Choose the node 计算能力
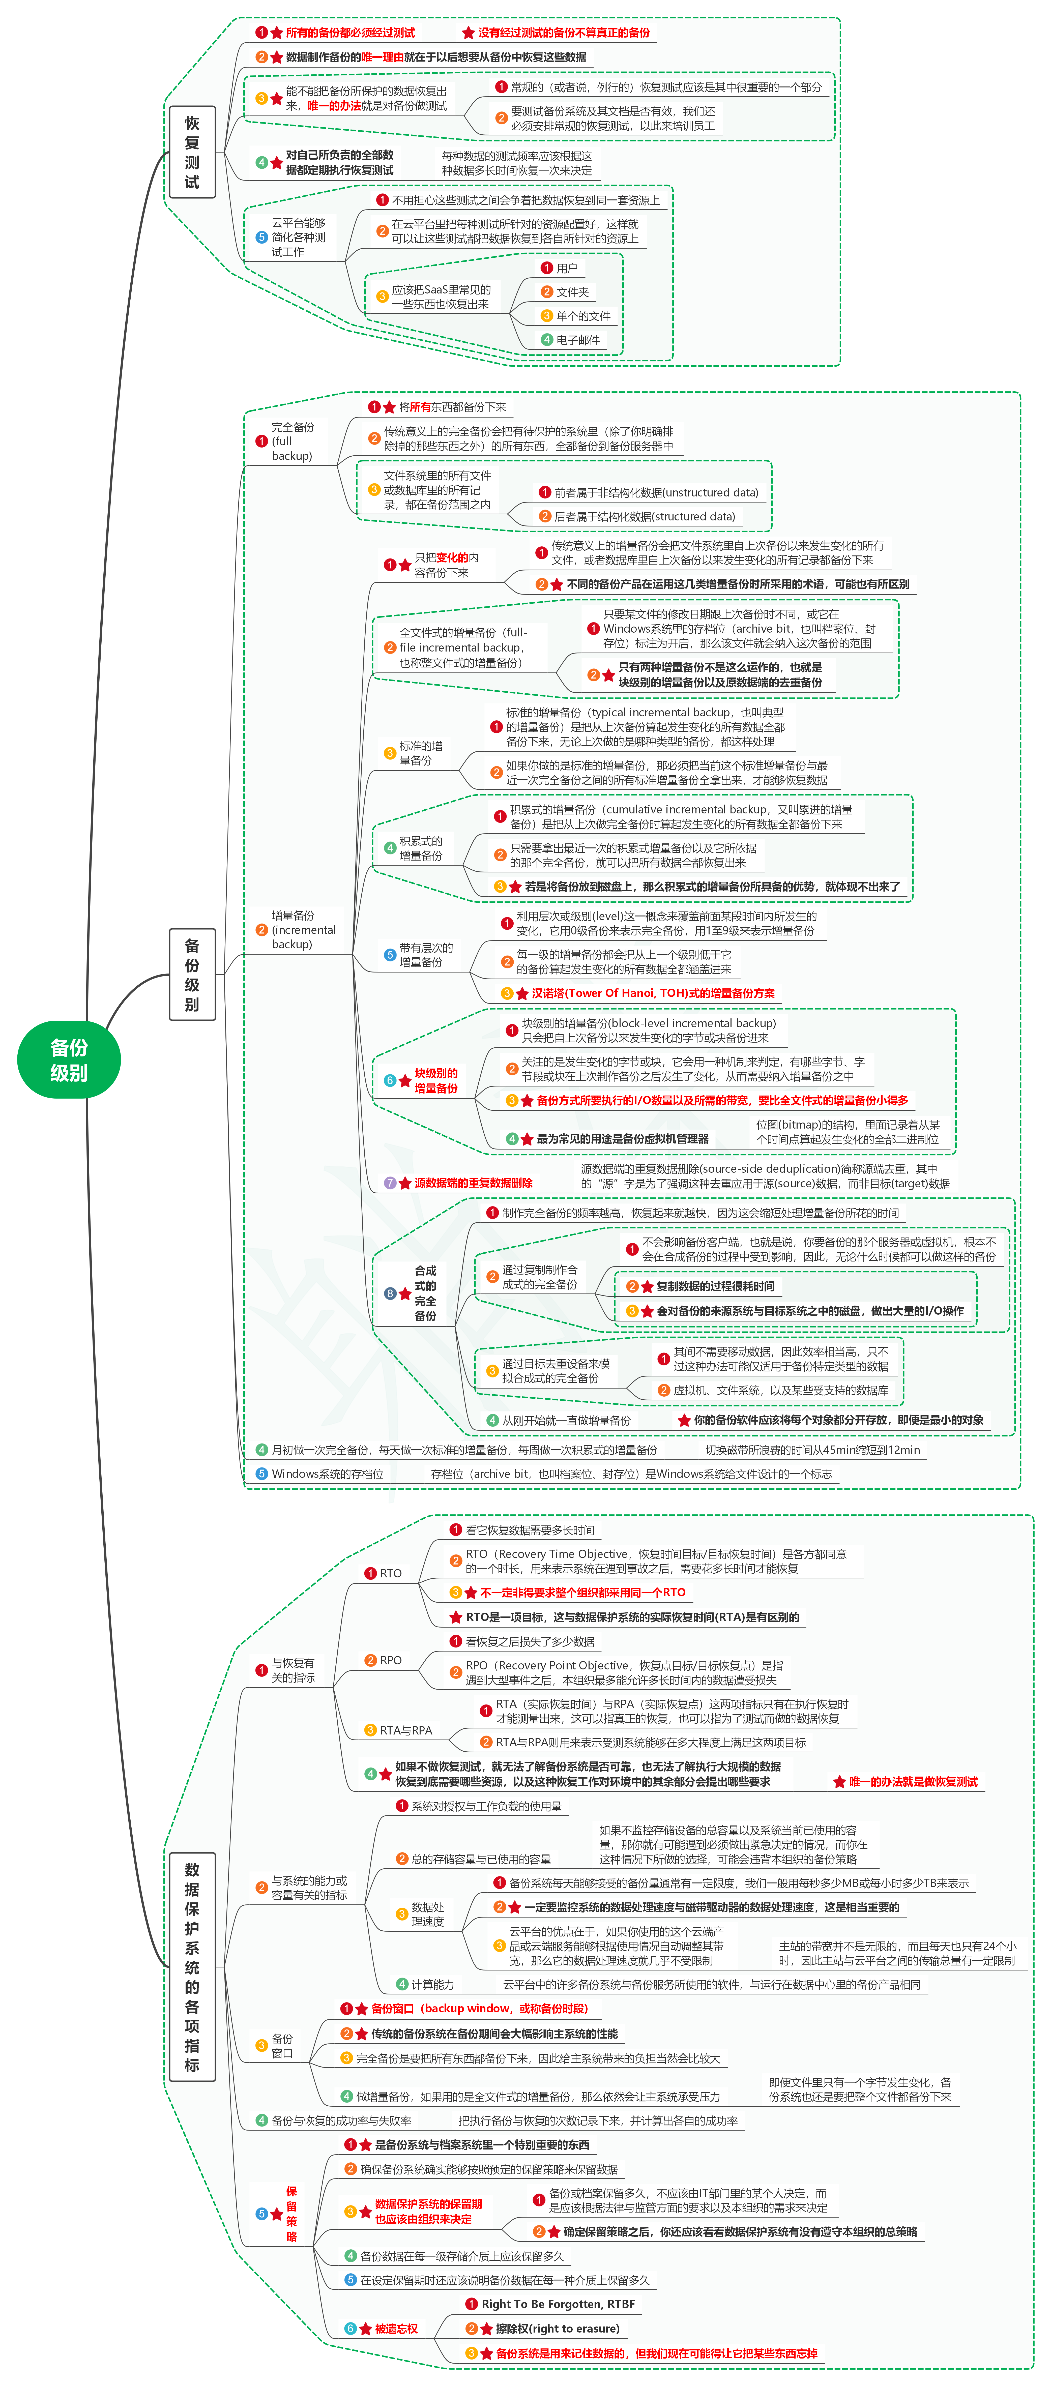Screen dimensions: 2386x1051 coord(431,1984)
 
